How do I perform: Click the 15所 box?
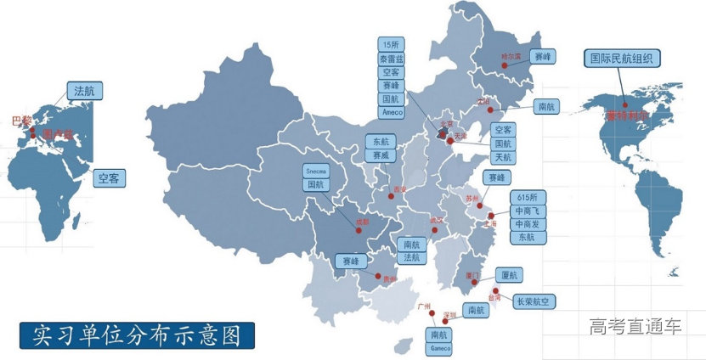click(x=392, y=45)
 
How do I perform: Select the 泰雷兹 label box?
click(x=392, y=59)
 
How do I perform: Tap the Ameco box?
click(x=392, y=111)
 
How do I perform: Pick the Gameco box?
click(x=439, y=348)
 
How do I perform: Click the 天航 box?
click(x=503, y=158)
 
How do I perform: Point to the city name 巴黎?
click(x=21, y=121)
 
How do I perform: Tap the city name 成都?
click(x=363, y=222)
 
